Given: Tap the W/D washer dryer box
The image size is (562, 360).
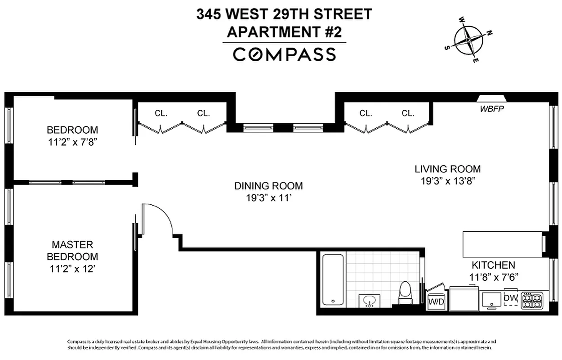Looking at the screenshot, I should (x=436, y=301).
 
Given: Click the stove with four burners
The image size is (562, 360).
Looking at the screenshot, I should (x=532, y=300).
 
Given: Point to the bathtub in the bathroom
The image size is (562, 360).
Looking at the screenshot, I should (x=333, y=280).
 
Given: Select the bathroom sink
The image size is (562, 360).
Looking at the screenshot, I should (x=370, y=301).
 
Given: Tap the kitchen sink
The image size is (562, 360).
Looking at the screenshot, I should (x=492, y=299).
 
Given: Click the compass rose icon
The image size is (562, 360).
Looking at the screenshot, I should (x=469, y=40).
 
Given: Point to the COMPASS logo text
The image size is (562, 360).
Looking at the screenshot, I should (x=284, y=54).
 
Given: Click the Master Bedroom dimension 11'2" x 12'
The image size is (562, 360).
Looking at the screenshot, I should (x=73, y=269).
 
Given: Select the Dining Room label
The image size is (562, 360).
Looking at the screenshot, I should (x=268, y=186).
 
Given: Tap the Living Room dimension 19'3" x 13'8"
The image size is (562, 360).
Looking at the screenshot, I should (x=447, y=181).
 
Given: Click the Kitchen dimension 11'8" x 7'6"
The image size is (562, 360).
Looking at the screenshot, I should (x=493, y=277).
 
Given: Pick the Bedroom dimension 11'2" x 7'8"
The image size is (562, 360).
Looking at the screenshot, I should (x=72, y=142).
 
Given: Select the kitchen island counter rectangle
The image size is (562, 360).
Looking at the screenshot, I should (x=502, y=244).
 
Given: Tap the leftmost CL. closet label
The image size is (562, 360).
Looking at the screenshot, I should (x=161, y=113).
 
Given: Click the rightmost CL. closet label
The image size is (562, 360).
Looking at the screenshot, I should (x=408, y=113).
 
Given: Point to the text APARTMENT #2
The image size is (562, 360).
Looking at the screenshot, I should (x=284, y=32).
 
